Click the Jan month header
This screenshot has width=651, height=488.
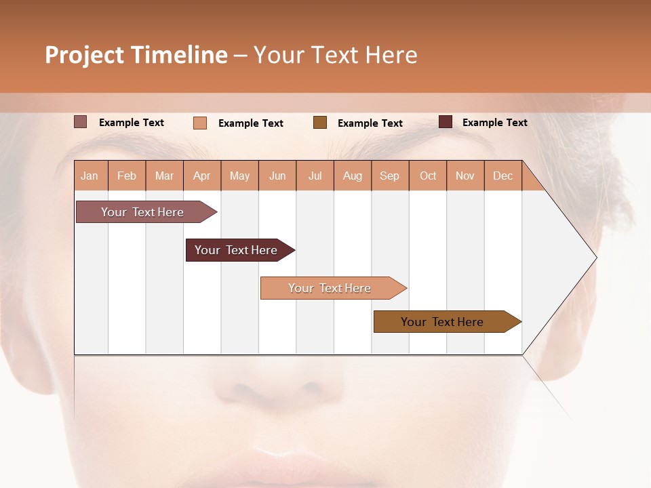90,176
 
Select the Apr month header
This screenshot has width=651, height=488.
202,176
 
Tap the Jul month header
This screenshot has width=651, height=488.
315,176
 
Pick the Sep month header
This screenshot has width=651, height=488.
390,176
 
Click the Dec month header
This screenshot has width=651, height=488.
503,176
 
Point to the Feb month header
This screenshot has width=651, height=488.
127,176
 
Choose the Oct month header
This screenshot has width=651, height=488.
428,176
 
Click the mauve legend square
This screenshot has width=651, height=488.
81,122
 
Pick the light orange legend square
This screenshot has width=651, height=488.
200,123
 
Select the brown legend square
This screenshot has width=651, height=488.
320,123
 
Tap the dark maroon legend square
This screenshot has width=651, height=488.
446,122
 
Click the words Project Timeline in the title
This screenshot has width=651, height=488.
136,55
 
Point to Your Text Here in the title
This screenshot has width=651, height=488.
336,55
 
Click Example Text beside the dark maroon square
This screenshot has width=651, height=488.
494,123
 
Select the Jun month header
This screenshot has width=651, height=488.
277,176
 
